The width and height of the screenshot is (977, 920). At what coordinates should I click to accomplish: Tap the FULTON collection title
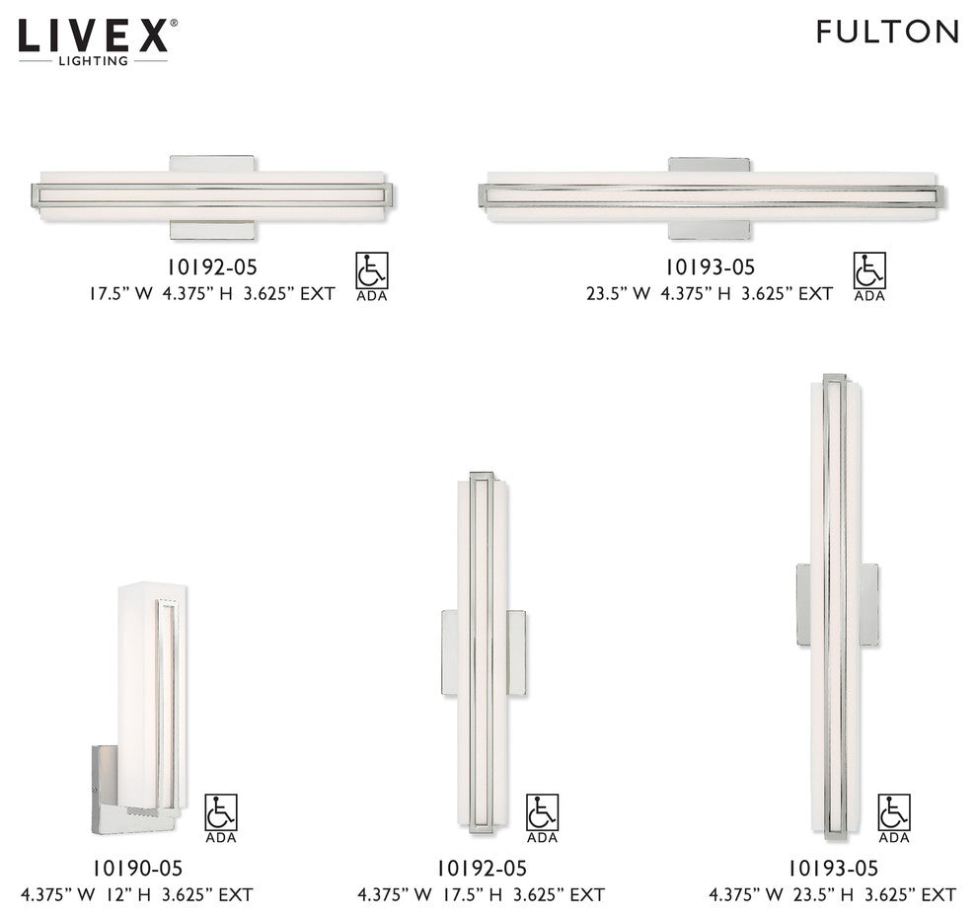point(887,32)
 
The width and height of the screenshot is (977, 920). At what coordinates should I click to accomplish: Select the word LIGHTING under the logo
point(95,61)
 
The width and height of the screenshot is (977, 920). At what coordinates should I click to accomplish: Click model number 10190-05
point(137,869)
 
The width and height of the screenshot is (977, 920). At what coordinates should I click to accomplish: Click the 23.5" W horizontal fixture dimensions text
point(709,293)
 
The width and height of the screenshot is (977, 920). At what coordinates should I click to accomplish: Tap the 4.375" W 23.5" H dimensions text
point(832,895)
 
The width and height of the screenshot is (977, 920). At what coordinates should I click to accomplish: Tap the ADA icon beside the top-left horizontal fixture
point(372,275)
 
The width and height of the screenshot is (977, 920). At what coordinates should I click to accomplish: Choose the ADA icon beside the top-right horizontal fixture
point(869,275)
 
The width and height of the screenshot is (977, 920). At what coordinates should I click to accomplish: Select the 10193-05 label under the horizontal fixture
point(709,268)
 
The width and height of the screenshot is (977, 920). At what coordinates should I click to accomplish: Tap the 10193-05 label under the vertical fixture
point(832,869)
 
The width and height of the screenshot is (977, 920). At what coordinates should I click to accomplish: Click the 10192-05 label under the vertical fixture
point(481,869)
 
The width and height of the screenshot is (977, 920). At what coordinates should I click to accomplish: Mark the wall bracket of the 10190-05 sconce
point(106,780)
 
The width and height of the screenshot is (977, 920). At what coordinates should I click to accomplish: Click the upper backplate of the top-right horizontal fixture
point(709,165)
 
